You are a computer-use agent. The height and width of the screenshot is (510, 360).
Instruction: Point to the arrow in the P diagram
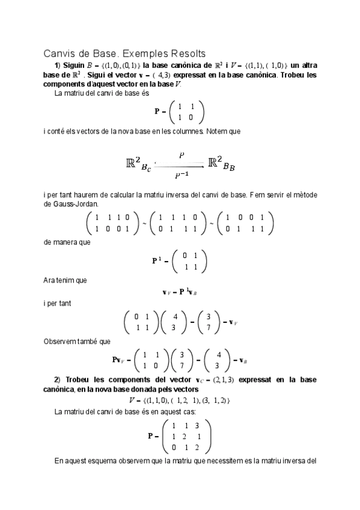click(x=180, y=165)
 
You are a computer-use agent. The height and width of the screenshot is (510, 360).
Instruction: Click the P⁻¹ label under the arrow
click(x=180, y=175)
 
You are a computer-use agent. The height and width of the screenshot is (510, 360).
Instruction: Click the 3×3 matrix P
click(x=187, y=436)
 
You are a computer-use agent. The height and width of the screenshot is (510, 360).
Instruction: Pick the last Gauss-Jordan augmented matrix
click(x=246, y=224)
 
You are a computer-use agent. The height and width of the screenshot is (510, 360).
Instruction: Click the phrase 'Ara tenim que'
click(x=66, y=280)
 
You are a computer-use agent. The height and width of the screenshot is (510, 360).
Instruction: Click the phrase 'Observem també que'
click(x=77, y=342)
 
